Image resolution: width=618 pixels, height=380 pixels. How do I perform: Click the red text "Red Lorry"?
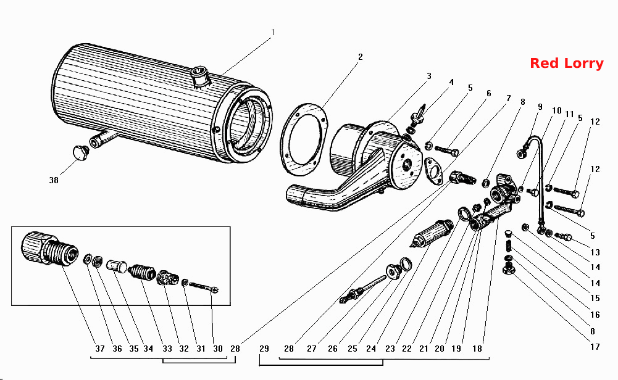pos(566,64)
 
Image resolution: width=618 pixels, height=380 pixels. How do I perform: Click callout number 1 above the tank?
pos(273,32)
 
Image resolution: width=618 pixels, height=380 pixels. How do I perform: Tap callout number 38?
pos(54,180)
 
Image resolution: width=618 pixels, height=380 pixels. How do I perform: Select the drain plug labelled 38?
pos(81,153)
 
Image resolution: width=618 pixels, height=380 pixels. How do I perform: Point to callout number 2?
pos(360,57)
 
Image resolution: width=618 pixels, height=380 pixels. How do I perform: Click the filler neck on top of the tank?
pos(201,76)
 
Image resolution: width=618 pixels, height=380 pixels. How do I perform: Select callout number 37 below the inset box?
pos(100,349)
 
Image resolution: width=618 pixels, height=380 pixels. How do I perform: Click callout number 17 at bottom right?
pos(595,347)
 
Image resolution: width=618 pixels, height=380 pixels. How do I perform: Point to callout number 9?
pos(540,107)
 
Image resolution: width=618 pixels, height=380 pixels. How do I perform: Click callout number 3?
pos(429,76)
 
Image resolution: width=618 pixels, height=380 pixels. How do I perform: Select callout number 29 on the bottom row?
pos(264,349)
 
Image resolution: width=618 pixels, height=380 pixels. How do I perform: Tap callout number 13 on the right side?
pos(595,252)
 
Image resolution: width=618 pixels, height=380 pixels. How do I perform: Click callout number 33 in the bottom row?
pos(167,349)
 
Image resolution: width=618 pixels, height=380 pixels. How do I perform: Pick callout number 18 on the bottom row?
pos(477,349)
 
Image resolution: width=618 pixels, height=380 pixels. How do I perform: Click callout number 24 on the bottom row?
pos(371,349)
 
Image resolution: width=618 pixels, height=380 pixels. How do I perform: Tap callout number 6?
pos(489,93)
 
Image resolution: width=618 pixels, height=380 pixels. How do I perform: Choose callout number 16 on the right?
pos(595,315)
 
